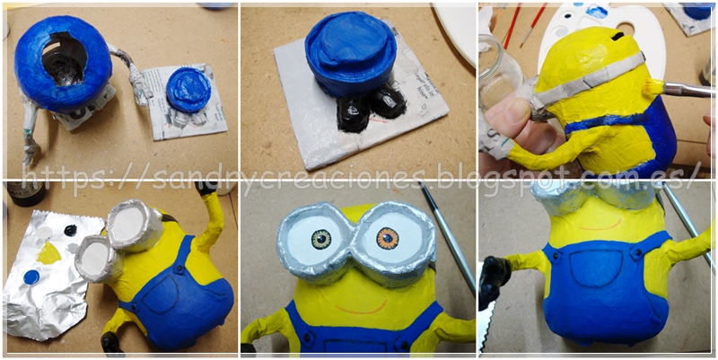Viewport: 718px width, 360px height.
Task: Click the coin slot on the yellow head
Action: click(617, 36)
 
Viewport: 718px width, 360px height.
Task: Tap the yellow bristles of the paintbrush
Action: click(653, 86)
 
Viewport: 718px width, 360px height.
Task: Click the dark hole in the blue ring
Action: click(65, 57)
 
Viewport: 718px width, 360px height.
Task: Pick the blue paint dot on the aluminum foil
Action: click(31, 277)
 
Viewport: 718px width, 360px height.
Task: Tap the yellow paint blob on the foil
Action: click(48, 253)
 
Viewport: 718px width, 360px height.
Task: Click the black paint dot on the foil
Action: click(70, 230)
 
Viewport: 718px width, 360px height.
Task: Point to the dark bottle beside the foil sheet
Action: click(26, 194)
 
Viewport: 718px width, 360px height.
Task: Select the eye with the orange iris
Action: click(388, 238)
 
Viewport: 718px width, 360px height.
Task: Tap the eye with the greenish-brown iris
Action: click(321, 238)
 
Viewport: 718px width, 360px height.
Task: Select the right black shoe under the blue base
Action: click(389, 101)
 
